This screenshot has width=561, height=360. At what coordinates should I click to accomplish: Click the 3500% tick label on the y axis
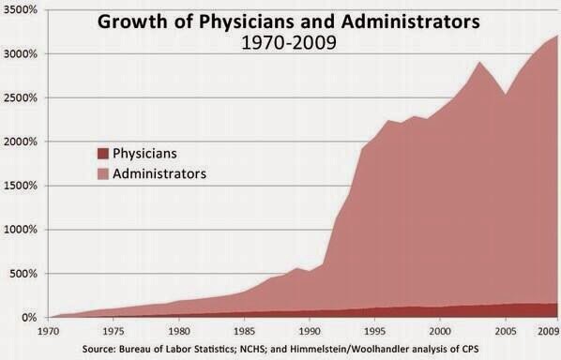tap(20, 9)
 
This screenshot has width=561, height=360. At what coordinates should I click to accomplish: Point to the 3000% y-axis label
tap(20, 53)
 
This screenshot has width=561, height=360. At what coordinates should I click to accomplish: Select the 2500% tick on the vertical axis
tap(20, 97)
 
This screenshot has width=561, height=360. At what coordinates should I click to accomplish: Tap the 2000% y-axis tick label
tap(20, 142)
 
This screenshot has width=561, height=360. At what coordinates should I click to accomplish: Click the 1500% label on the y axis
tap(20, 186)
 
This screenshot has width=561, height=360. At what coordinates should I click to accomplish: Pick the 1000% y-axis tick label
tap(20, 230)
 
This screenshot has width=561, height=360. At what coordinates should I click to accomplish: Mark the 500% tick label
tap(23, 274)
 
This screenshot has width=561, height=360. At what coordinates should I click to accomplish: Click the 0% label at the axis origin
tap(28, 318)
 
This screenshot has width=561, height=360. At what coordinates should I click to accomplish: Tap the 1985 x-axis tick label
tap(243, 330)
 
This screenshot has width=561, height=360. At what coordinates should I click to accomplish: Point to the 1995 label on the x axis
tap(374, 330)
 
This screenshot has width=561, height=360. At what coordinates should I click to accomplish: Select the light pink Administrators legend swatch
tap(102, 173)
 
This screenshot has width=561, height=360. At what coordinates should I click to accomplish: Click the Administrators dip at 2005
tap(505, 95)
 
